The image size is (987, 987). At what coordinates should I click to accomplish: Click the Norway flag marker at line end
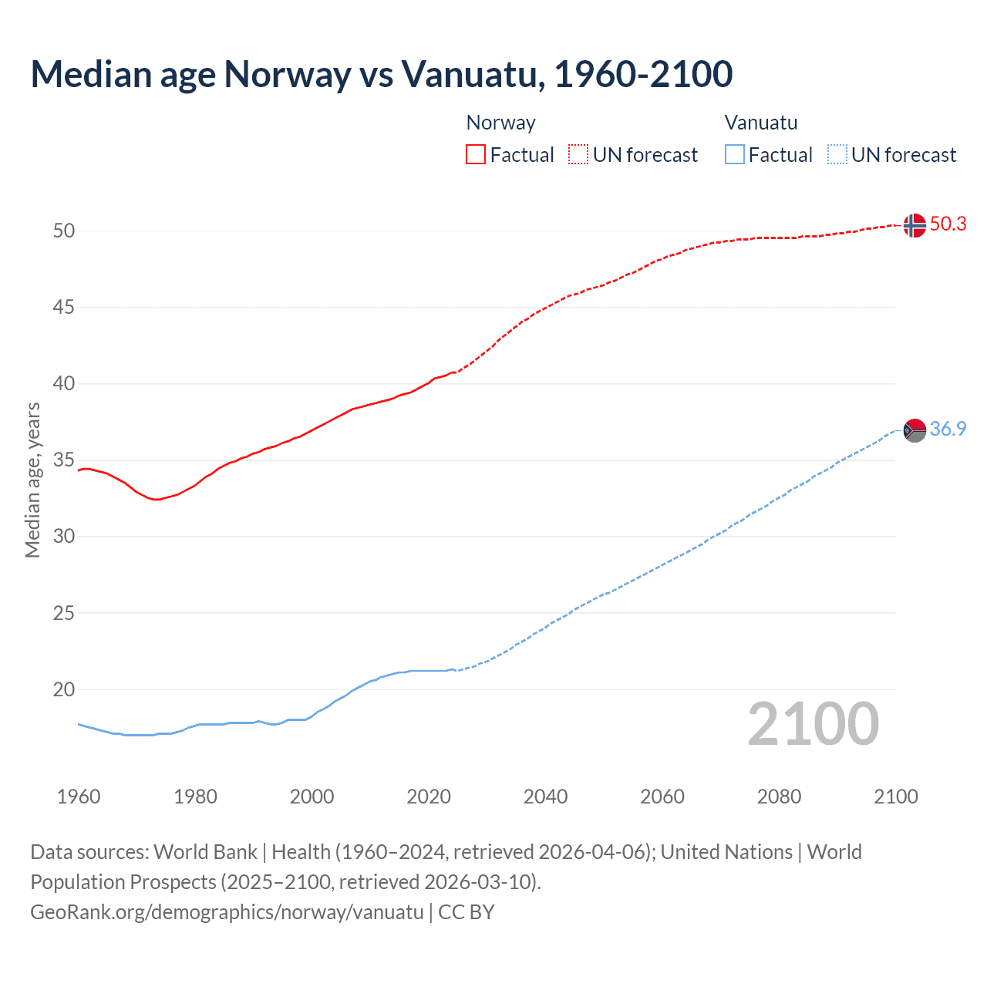[915, 225]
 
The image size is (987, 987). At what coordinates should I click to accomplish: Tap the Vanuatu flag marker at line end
[915, 430]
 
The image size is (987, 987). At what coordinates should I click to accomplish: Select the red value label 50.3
[948, 224]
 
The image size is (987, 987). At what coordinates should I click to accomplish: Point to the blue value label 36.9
[948, 429]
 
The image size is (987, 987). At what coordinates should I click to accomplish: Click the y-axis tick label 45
[64, 308]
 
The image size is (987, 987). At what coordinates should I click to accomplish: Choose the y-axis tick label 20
[64, 690]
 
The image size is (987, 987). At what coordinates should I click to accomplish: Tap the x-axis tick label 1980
[195, 797]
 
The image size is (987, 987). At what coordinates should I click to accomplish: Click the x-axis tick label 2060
[662, 797]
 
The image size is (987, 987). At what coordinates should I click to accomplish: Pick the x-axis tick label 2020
[429, 797]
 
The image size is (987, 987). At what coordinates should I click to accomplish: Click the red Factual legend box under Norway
[476, 155]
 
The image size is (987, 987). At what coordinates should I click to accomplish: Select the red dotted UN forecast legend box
[578, 155]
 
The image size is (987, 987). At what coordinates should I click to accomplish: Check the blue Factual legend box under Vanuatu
[734, 155]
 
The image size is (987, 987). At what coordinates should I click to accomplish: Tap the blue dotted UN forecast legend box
[837, 155]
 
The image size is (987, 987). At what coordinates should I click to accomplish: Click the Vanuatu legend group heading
[760, 123]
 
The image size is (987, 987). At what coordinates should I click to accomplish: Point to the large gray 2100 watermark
[813, 723]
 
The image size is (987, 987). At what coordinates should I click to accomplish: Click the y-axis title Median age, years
[32, 480]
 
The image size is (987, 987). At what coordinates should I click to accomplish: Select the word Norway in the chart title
[288, 74]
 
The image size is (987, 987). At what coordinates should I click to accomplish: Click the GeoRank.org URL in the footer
[227, 912]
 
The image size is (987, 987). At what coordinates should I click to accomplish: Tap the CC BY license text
[466, 912]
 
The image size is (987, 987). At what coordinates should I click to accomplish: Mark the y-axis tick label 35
[64, 460]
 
